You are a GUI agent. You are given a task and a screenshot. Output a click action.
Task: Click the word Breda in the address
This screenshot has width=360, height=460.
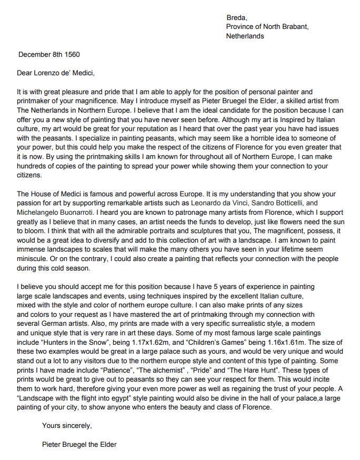point(236,18)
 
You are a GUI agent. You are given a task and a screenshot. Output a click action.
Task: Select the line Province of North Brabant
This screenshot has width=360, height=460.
point(267,27)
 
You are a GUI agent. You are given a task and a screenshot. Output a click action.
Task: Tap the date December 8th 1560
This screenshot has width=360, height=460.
point(49,54)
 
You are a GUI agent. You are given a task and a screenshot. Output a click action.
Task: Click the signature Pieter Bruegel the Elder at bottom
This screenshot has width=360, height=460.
point(79,444)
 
